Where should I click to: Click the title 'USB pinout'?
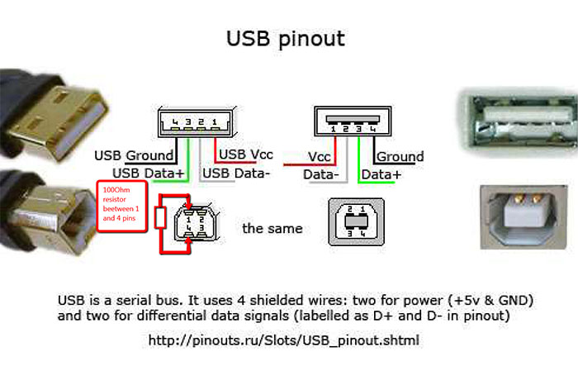click(286, 38)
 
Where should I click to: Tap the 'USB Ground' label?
click(134, 155)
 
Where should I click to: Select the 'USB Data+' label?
click(149, 173)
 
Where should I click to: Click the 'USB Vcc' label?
click(246, 154)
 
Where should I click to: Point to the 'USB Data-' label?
click(236, 173)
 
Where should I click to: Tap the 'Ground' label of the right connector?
click(400, 156)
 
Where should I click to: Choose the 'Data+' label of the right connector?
click(381, 174)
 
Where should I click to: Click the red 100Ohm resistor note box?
click(122, 204)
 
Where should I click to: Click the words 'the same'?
click(272, 227)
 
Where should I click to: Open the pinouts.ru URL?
click(284, 340)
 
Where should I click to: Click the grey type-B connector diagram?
click(356, 221)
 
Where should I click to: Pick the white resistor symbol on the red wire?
click(162, 219)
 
